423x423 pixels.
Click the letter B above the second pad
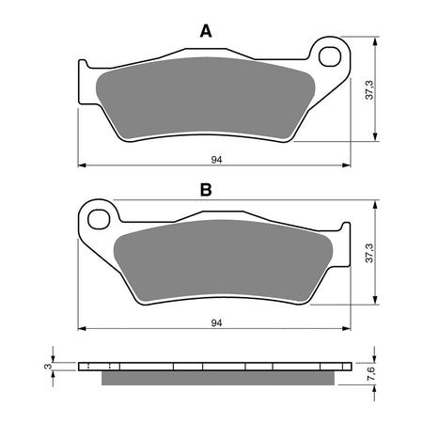click(x=206, y=191)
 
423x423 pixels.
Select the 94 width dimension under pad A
click(x=217, y=160)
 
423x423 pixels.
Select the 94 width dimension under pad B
click(x=217, y=322)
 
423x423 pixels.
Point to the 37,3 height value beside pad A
click(x=369, y=90)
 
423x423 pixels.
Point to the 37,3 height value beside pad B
click(x=369, y=251)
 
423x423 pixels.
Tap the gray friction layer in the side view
click(x=218, y=378)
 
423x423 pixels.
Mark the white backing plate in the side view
click(x=218, y=366)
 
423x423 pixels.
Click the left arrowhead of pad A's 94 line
click(x=80, y=164)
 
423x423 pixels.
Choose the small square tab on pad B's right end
click(x=345, y=228)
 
